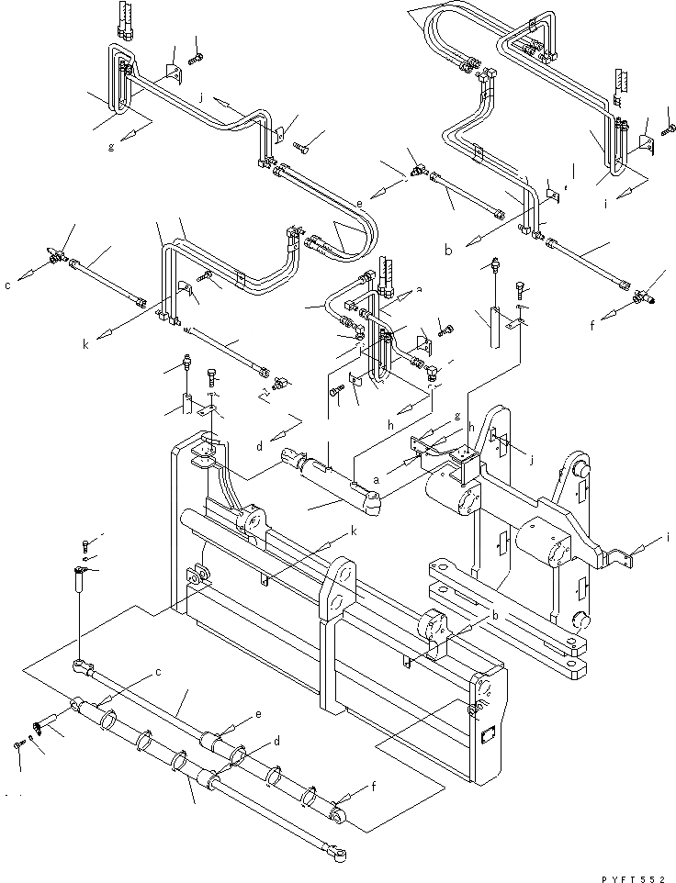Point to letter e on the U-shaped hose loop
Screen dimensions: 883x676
359,201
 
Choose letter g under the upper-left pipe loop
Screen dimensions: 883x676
111,146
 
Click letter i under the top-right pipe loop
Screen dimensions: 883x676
607,205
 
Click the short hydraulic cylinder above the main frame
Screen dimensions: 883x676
331,477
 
